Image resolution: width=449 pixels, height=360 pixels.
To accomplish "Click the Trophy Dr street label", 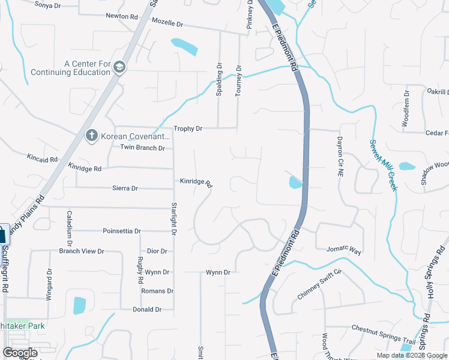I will click(x=188, y=128).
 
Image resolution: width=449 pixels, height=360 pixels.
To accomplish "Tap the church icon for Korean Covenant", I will click(x=92, y=135).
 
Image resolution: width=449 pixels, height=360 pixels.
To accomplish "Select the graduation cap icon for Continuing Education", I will click(x=119, y=67).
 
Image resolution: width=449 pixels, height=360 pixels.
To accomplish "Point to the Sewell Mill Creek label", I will click(x=382, y=162).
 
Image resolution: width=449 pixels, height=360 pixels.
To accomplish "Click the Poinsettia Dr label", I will click(x=122, y=231).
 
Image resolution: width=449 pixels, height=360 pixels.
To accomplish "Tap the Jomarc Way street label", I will click(x=343, y=250).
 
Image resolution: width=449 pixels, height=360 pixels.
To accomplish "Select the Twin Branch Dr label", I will click(x=142, y=148).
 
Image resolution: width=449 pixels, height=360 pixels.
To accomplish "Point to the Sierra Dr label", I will click(x=125, y=188).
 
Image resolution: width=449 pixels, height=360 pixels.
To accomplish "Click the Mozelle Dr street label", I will click(x=167, y=23).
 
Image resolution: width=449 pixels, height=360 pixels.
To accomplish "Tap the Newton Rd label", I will click(x=121, y=16).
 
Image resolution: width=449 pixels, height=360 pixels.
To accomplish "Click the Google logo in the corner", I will click(x=20, y=353).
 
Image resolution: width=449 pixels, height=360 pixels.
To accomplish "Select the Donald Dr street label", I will click(x=147, y=310).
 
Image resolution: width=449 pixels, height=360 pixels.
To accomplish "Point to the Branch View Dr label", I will click(x=82, y=251).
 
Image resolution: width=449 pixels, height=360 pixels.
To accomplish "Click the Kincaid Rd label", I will click(x=42, y=160).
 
